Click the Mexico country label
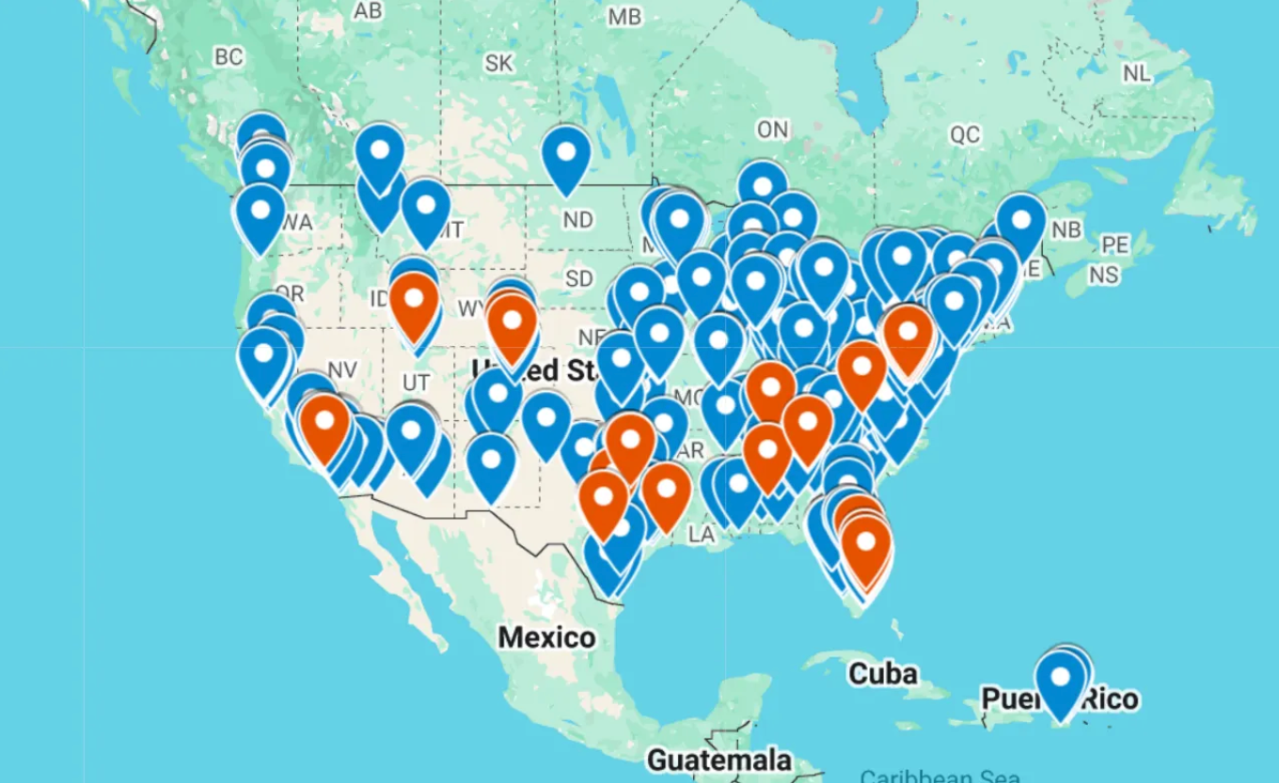(x=546, y=637)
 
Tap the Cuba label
(x=882, y=674)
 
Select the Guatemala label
(x=718, y=759)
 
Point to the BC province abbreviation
(x=229, y=57)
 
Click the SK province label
(x=499, y=63)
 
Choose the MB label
(x=624, y=17)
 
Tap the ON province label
(x=772, y=130)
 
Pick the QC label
(x=964, y=135)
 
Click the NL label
(x=1137, y=73)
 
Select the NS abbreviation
(x=1104, y=274)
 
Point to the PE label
(x=1114, y=245)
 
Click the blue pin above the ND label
(x=566, y=155)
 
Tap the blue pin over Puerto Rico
(x=1061, y=681)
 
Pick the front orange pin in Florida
(x=866, y=547)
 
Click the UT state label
(x=416, y=383)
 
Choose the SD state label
(x=578, y=279)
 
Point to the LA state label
(x=701, y=534)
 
